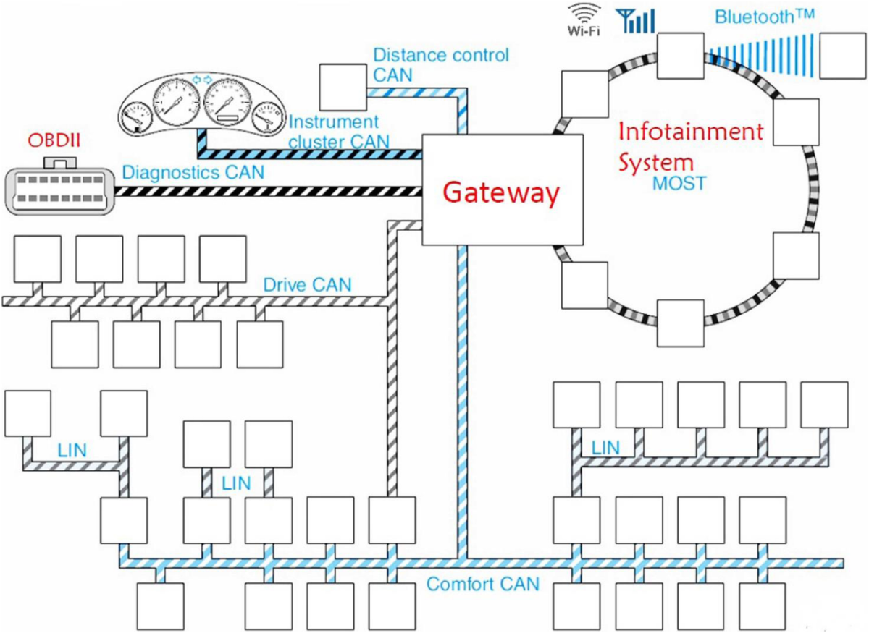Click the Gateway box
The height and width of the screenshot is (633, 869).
pos(501,191)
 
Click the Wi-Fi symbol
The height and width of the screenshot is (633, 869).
pos(583,20)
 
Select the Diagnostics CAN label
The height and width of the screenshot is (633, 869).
pos(193,173)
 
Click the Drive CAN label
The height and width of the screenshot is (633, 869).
pos(308,284)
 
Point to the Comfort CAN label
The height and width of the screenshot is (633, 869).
pos(482,584)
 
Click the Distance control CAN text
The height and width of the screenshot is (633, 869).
pos(441,64)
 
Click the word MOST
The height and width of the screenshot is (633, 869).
pos(679,182)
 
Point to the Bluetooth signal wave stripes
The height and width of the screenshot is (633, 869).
pos(760,54)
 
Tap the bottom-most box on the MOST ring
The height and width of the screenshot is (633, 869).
pos(680,322)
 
